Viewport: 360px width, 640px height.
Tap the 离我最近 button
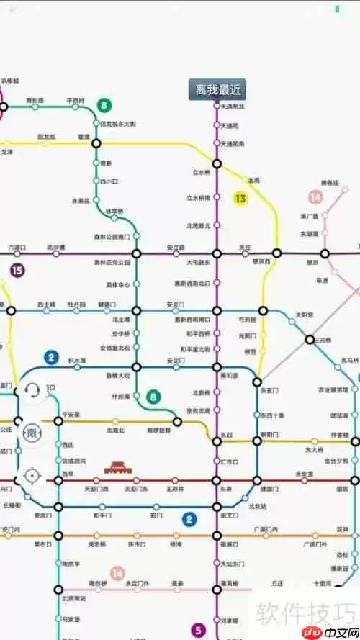pyautogui.click(x=217, y=90)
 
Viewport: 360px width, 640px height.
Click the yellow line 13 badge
pyautogui.click(x=240, y=197)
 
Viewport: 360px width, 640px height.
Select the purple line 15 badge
pyautogui.click(x=17, y=271)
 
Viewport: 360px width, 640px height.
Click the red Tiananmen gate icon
pyautogui.click(x=117, y=468)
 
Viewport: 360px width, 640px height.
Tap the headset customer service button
pyautogui.click(x=32, y=391)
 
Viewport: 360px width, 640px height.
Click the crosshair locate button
pyautogui.click(x=32, y=476)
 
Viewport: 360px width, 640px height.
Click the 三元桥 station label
pyautogui.click(x=325, y=339)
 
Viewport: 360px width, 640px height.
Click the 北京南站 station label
pyautogui.click(x=73, y=598)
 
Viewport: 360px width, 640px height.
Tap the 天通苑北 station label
pyautogui.click(x=232, y=107)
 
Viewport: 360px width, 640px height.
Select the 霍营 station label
pyautogui.click(x=84, y=136)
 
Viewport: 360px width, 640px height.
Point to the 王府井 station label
pyautogui.click(x=175, y=490)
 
